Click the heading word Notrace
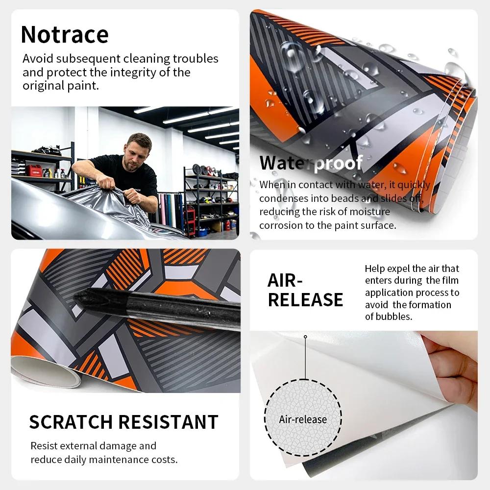click(x=65, y=34)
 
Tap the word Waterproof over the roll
click(x=311, y=163)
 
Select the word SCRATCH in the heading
click(x=71, y=422)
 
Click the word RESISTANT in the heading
click(x=169, y=422)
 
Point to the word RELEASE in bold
click(x=305, y=300)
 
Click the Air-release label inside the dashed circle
click(x=303, y=419)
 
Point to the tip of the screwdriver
click(x=75, y=299)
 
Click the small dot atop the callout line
click(x=305, y=337)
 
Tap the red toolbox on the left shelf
click(x=33, y=171)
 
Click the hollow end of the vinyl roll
click(x=48, y=373)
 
